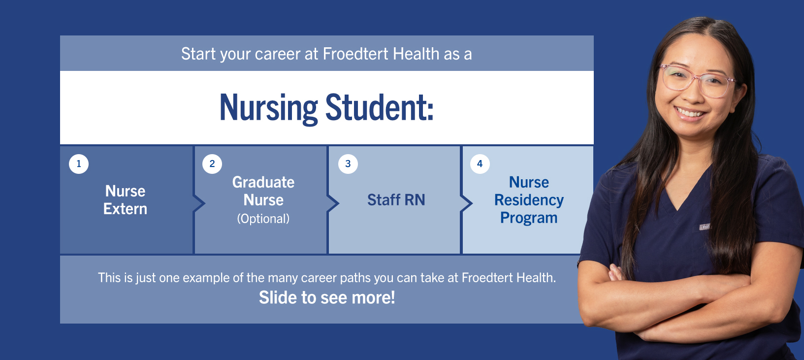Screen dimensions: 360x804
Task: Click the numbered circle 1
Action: click(79, 164)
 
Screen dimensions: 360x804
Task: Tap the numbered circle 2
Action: click(212, 164)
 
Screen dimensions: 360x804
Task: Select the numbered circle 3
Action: click(348, 164)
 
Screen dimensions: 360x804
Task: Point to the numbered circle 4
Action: click(480, 164)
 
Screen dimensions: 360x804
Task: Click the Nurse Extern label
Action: click(125, 200)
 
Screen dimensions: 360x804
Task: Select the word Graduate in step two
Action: click(263, 182)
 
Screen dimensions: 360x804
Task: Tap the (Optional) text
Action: click(263, 219)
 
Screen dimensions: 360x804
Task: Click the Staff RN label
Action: click(396, 200)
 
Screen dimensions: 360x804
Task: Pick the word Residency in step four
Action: click(529, 200)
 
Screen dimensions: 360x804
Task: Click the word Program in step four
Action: click(529, 218)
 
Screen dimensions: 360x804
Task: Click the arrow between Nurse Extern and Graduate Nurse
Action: click(199, 203)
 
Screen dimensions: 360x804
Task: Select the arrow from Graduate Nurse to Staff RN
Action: click(333, 203)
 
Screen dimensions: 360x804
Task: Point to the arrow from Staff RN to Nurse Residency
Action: click(467, 203)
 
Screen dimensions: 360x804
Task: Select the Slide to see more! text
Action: click(327, 297)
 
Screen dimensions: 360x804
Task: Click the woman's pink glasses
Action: click(697, 81)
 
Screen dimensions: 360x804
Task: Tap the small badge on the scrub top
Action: click(705, 227)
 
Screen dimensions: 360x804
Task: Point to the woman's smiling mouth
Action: click(690, 113)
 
